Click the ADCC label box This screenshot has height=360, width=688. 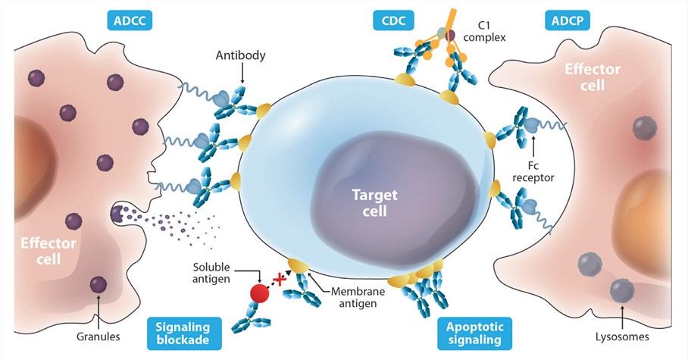[x=131, y=20]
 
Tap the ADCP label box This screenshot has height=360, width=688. [x=566, y=20]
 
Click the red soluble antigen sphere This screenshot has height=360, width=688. [x=260, y=293]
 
